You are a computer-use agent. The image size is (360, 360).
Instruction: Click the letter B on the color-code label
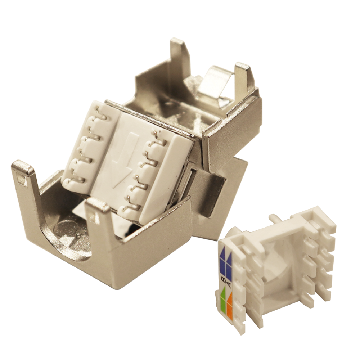224,279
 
